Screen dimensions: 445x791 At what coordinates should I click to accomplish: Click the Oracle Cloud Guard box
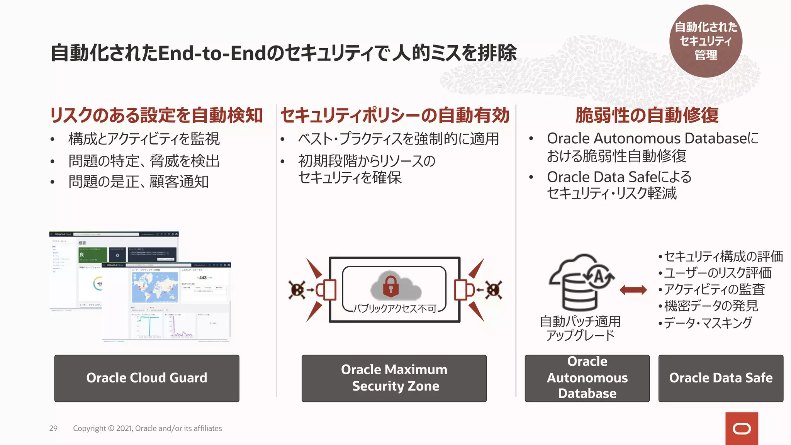[x=146, y=378]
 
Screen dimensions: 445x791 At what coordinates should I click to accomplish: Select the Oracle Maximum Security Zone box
[x=394, y=378]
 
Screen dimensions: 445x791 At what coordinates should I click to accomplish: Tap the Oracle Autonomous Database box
[x=587, y=378]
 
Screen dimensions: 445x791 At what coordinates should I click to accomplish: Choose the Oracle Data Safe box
[x=721, y=378]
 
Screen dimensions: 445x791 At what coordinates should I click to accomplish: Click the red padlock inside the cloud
[x=390, y=286]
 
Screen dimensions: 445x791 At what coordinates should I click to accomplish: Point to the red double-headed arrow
[x=633, y=290]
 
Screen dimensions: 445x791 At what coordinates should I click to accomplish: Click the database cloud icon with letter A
[x=581, y=282]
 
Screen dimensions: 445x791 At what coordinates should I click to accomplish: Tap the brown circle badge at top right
[x=706, y=41]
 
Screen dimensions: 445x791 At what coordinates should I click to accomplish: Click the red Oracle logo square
[x=742, y=428]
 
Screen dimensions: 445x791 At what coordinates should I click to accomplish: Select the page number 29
[x=53, y=428]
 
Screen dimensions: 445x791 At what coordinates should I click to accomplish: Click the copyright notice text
[x=147, y=428]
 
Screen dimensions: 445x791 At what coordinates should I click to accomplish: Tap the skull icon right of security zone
[x=494, y=290]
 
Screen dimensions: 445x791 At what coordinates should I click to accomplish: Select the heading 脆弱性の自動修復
[x=647, y=115]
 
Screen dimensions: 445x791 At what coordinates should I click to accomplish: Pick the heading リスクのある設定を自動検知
[x=156, y=115]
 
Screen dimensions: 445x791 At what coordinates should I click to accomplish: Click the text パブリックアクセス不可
[x=395, y=308]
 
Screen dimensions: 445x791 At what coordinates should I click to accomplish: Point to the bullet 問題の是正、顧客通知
[x=138, y=182]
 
